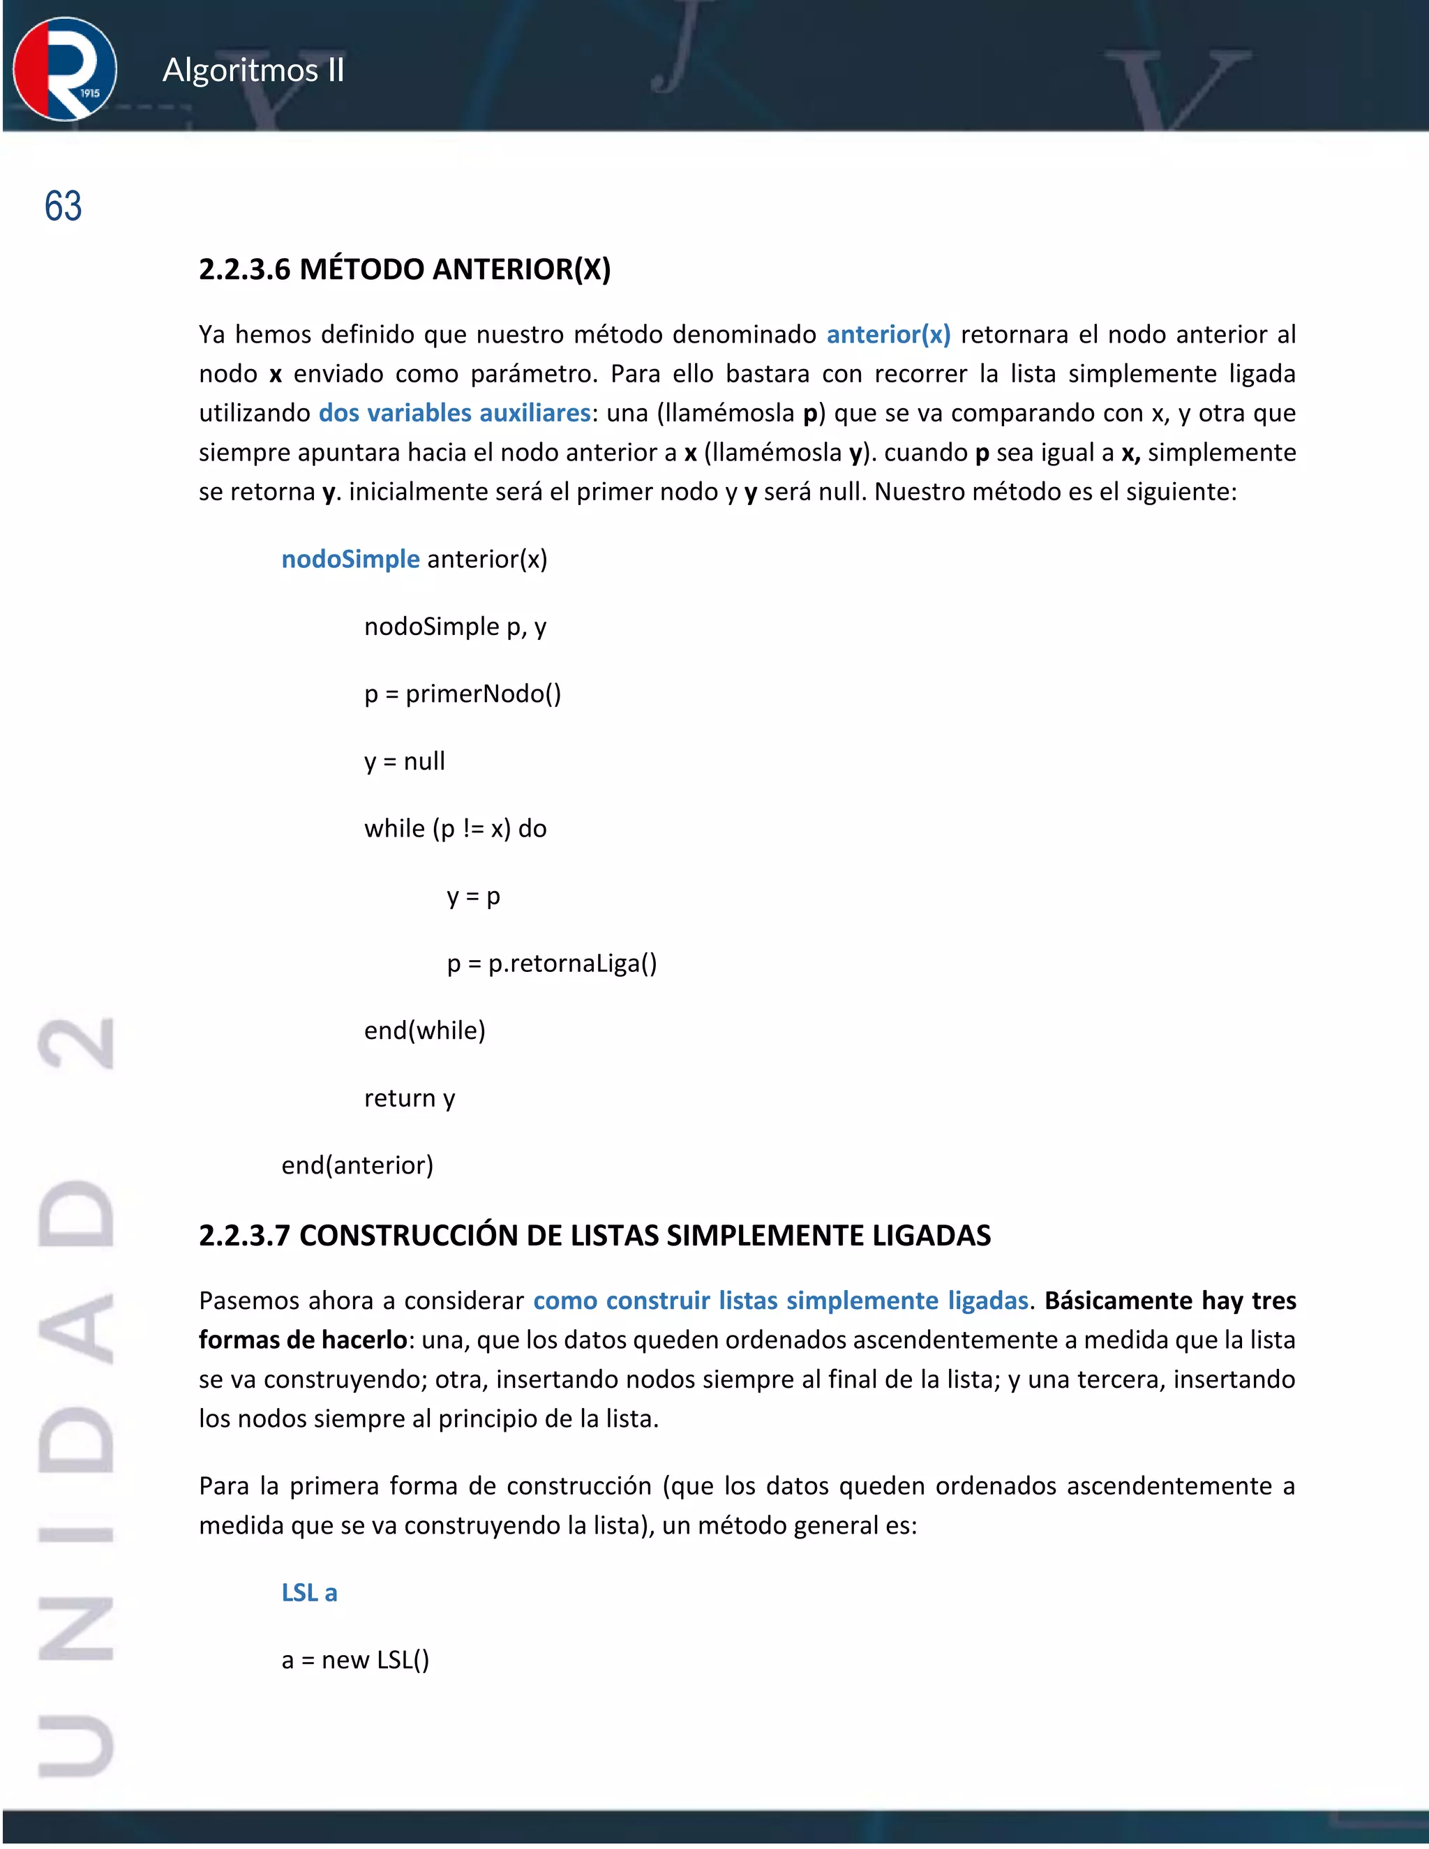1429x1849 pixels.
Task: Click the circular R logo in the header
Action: coord(64,68)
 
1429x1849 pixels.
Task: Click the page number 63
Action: coord(63,207)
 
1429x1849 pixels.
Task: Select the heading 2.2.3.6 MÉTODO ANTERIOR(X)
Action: coord(405,269)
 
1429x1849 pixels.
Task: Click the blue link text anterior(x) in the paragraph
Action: coord(888,334)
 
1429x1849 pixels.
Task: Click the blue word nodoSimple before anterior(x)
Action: coord(350,560)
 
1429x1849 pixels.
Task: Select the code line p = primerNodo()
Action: coord(462,694)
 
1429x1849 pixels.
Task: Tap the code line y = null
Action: coord(404,761)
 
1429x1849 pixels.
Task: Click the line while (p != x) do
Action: coord(455,829)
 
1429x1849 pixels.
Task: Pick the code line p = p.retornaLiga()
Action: coord(551,964)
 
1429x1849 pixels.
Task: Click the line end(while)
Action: coord(424,1031)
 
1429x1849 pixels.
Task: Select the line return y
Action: coord(409,1099)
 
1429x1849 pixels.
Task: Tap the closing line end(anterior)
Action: coord(357,1166)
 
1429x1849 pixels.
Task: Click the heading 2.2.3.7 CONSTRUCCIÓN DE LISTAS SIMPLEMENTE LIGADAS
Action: coord(594,1236)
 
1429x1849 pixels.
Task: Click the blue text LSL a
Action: coord(309,1594)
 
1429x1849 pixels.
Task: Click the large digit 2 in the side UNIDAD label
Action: coord(76,1044)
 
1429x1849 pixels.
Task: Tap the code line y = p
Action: coord(473,897)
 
